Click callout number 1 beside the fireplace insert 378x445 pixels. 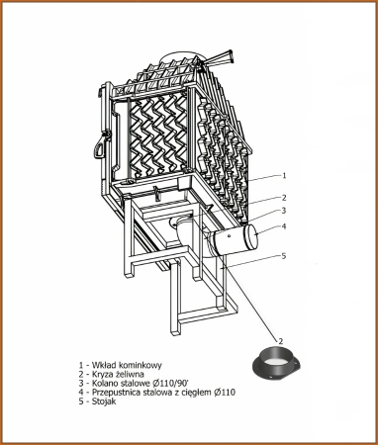pos(284,175)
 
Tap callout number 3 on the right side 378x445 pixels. pos(284,210)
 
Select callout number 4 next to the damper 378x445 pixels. pos(284,226)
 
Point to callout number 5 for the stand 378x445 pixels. pos(284,256)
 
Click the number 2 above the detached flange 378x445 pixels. pos(281,341)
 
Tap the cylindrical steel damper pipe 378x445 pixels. pos(236,240)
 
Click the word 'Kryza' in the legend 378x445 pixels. pos(101,374)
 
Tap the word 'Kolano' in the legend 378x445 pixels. pos(104,384)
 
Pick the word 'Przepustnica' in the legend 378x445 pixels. pos(114,393)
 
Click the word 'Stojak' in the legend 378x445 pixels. pos(104,401)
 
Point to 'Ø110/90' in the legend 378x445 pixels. pos(171,384)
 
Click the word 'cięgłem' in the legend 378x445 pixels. pos(196,393)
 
